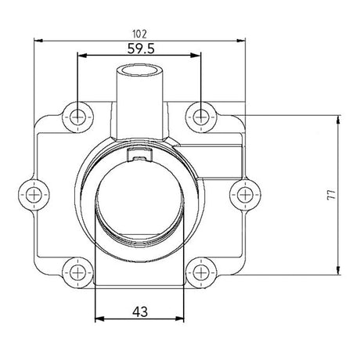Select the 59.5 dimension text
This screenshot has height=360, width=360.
point(139,48)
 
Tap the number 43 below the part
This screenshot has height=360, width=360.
point(140,311)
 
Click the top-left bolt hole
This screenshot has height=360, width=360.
point(77,117)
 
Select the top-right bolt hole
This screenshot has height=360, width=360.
point(202,117)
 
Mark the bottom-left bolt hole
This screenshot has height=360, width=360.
point(77,271)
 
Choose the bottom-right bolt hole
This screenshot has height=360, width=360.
point(202,271)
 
